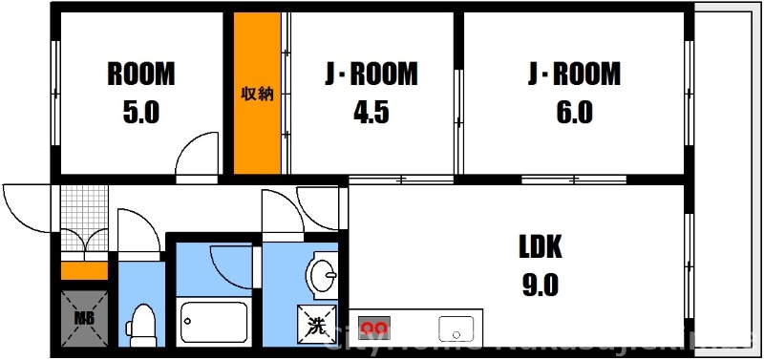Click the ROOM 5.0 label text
click(x=140, y=92)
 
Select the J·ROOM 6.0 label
click(x=574, y=92)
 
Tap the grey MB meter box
click(x=82, y=319)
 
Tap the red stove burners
click(x=371, y=328)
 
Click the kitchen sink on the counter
click(x=456, y=328)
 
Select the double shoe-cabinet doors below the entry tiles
click(x=84, y=244)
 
